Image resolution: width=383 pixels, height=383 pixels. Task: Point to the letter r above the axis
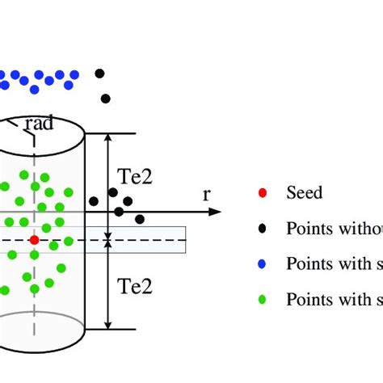coord(206,194)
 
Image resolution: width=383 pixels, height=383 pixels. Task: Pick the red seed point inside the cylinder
coord(34,240)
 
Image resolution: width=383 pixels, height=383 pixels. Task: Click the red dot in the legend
coord(260,193)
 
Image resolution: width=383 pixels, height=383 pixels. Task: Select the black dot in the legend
coord(260,229)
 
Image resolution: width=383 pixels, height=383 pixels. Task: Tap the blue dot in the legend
coord(260,264)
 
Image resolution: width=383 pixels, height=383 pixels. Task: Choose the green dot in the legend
coord(260,300)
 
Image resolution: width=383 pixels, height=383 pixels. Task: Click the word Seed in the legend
coord(304,193)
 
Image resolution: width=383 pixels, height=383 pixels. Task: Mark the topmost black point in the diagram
coord(99,74)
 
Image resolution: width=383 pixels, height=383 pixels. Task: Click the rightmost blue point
coord(74,74)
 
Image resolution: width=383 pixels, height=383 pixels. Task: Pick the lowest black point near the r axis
coord(140,219)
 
